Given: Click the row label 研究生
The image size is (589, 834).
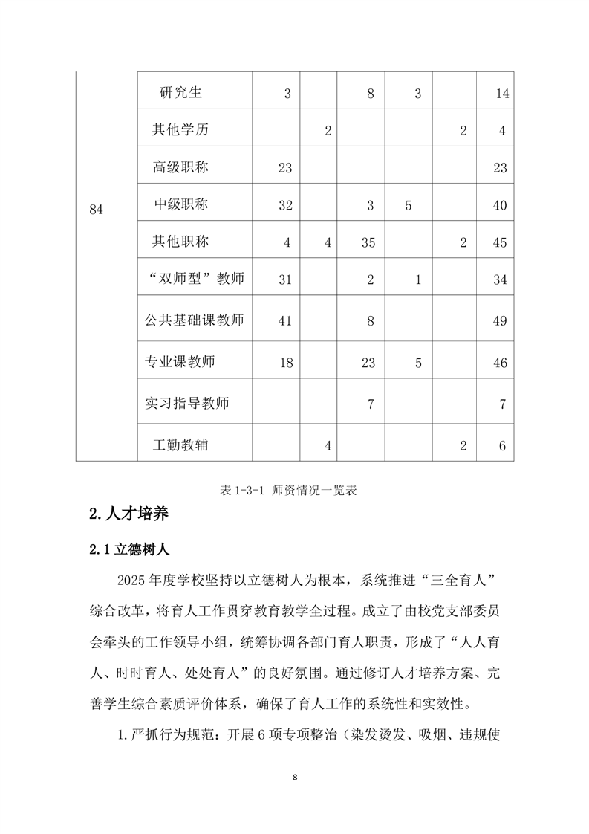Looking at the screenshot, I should pos(180,93).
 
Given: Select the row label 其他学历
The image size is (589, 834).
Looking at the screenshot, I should pos(180,130).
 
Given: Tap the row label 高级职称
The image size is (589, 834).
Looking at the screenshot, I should pos(180,167).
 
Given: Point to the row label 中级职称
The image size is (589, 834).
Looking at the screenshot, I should pos(181,204).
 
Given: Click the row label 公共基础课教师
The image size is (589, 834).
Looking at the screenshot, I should pos(195,320).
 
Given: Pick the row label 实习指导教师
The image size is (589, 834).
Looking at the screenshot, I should pos(187,404).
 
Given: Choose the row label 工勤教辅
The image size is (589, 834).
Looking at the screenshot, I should pos(180,445).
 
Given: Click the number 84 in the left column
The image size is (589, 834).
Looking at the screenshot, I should pos(97,210).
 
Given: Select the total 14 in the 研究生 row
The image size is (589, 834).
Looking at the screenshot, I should pos(501,94).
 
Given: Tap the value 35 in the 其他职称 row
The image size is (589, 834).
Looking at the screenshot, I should pos(369,242).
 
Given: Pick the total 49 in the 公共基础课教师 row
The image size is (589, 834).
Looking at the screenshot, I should pos(500,321).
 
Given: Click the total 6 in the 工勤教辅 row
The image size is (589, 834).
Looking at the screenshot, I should pos(502,446).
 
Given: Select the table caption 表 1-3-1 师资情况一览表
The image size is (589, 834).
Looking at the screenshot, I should pos(294,491).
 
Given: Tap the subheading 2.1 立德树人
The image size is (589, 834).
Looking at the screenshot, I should pos(129,550).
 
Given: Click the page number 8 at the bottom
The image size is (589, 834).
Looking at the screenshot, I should pos(295,778).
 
